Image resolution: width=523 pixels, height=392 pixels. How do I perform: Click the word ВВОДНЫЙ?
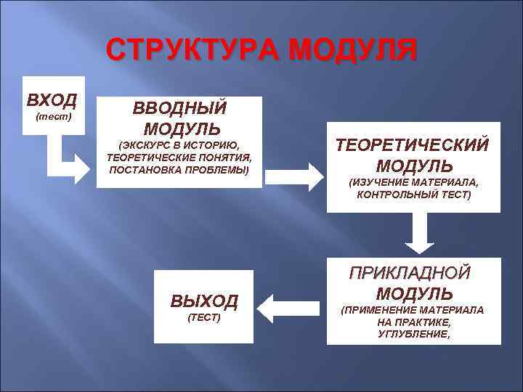(179, 108)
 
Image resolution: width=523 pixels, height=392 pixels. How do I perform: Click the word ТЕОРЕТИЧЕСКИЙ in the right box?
(412, 144)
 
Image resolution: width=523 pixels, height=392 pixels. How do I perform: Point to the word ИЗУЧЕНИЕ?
(382, 181)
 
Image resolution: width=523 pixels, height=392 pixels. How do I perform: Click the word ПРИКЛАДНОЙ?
(410, 273)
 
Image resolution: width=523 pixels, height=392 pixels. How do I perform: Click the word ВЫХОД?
(204, 301)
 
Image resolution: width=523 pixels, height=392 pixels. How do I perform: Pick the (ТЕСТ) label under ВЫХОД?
(204, 319)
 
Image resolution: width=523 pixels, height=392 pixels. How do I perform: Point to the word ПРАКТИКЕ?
(423, 322)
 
